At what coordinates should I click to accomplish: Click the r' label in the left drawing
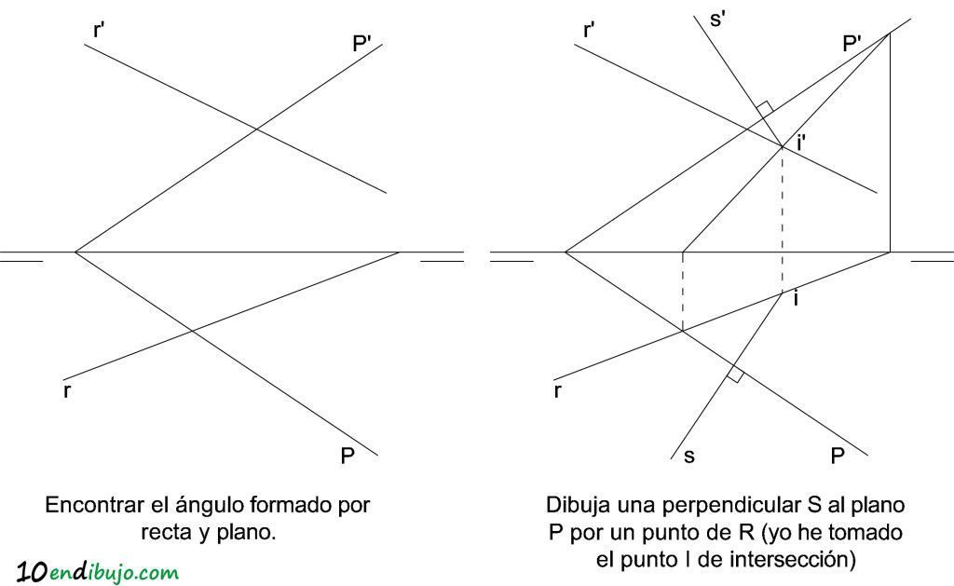tap(99, 30)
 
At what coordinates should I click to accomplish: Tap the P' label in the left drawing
tap(361, 44)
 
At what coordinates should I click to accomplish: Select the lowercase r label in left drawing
tap(67, 391)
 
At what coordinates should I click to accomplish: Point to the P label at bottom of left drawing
tap(348, 456)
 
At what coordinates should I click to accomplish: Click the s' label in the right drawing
tap(717, 19)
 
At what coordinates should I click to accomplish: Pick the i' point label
tap(800, 143)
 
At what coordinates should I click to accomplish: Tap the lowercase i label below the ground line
tap(797, 299)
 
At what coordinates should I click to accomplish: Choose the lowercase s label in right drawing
tap(688, 457)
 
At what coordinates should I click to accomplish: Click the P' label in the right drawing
tap(852, 44)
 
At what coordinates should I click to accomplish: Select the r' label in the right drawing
tap(589, 30)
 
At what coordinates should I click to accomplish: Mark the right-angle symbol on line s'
tap(765, 109)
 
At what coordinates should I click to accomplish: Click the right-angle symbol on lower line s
tap(735, 375)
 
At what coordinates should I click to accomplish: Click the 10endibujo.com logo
tap(97, 572)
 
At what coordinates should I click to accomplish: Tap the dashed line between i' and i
tap(783, 219)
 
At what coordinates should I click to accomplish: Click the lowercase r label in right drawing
tap(557, 391)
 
